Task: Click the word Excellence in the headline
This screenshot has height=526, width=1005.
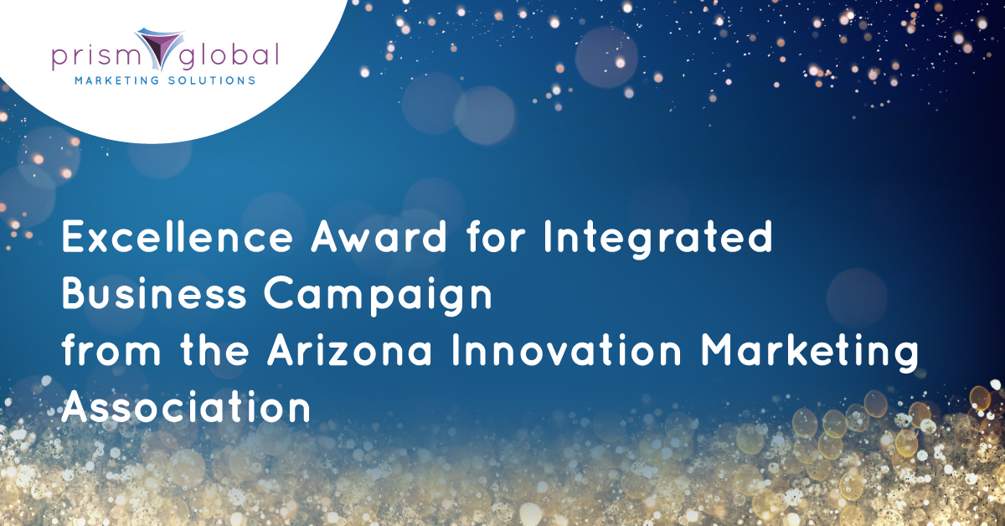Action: click(178, 236)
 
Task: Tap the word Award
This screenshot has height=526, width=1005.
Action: click(379, 236)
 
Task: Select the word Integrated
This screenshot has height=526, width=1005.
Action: click(657, 240)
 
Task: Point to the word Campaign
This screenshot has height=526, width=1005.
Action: click(378, 297)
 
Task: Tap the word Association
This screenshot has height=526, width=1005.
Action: click(186, 407)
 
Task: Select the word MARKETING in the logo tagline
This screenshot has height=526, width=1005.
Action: click(116, 80)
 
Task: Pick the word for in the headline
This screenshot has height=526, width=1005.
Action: click(496, 236)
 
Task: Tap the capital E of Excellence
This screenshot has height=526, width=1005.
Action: click(73, 236)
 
